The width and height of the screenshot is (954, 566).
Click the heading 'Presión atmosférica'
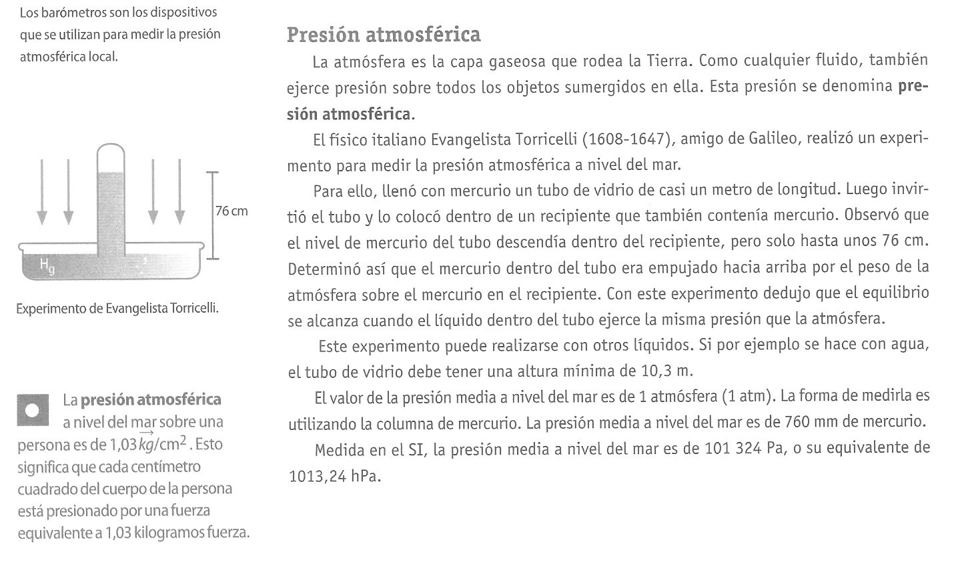[384, 35]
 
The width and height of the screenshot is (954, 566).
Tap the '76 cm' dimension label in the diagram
[231, 211]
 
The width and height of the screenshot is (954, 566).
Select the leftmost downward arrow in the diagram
[42, 190]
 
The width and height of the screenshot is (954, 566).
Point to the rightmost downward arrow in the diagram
[179, 190]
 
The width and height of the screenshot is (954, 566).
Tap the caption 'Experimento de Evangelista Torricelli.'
[117, 309]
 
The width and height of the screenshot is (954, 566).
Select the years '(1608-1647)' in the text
[627, 140]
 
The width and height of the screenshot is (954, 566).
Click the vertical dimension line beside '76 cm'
[211, 215]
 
